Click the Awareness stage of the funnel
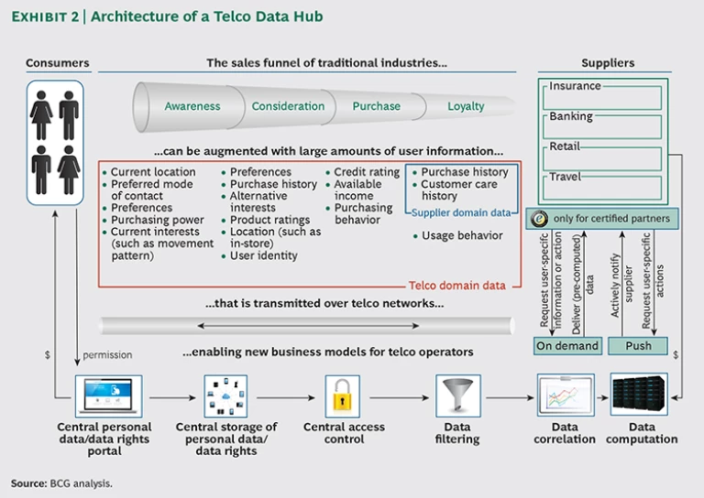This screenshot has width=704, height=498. (192, 106)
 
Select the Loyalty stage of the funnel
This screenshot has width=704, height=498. (466, 106)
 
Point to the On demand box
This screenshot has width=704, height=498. (567, 346)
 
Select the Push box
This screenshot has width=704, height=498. (638, 346)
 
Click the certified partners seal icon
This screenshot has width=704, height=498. (541, 219)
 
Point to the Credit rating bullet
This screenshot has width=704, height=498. (366, 172)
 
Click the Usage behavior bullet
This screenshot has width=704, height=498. (461, 235)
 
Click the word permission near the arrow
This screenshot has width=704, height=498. (107, 354)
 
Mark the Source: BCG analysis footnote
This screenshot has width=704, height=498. (61, 482)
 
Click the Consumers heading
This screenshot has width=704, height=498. (58, 63)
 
